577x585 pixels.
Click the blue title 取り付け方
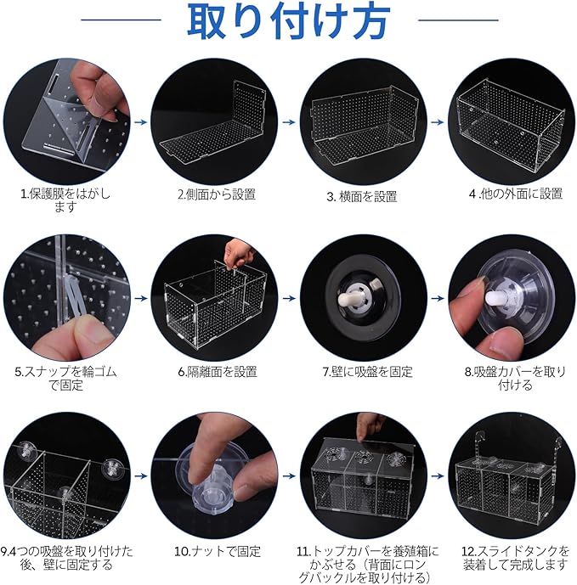(288, 21)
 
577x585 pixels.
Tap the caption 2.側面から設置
(216, 194)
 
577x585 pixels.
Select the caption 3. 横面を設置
(361, 197)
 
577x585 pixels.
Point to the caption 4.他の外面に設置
(515, 194)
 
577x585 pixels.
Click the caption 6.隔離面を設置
(218, 372)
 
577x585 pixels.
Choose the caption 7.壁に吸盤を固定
(367, 372)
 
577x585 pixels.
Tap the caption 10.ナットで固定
(218, 551)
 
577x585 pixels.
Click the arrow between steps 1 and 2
(140, 122)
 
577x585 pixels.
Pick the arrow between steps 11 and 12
(438, 476)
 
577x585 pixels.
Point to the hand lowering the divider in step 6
(238, 252)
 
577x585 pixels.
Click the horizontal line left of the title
(121, 20)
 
